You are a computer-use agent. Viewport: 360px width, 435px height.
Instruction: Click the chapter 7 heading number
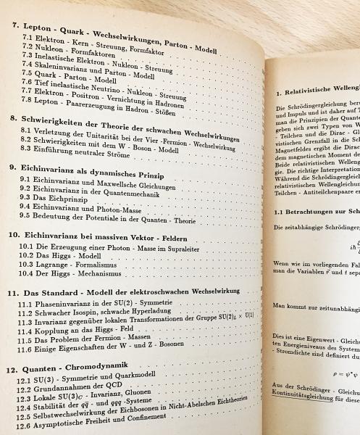click(x=16, y=26)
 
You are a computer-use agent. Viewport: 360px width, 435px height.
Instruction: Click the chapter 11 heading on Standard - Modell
click(x=130, y=292)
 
